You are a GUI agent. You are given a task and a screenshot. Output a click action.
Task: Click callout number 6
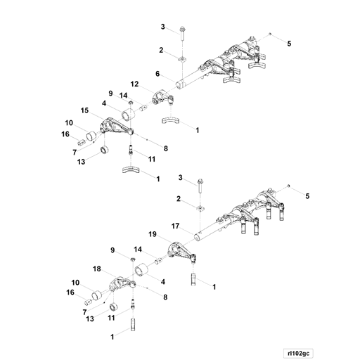[x=158, y=74]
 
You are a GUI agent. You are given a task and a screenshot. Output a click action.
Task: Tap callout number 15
[x=84, y=111]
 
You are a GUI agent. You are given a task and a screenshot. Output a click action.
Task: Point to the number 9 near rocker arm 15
[x=110, y=94]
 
